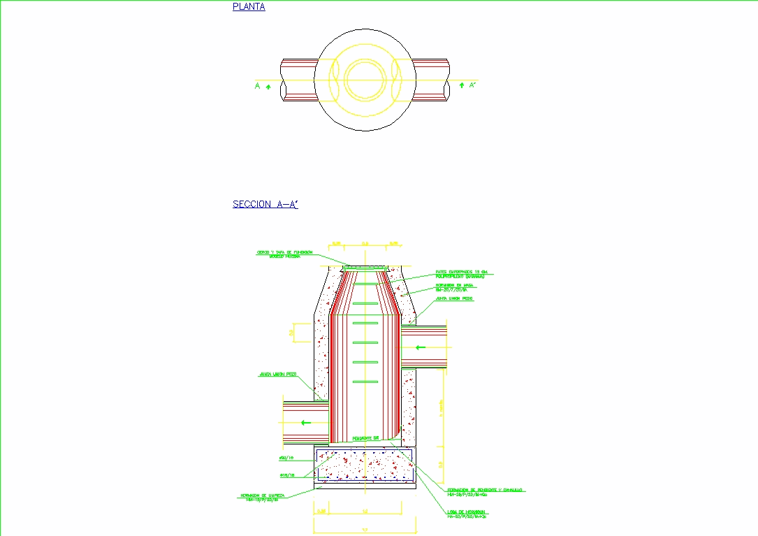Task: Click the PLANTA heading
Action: [249, 8]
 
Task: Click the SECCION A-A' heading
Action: [265, 205]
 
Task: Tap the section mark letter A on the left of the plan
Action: [257, 86]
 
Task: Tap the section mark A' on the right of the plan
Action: [473, 85]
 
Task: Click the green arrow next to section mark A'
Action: [461, 85]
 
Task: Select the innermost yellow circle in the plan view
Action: [365, 79]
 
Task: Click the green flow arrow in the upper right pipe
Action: [421, 347]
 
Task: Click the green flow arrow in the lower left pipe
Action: [303, 422]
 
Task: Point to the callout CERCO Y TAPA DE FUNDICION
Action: [284, 254]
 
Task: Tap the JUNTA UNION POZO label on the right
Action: [454, 298]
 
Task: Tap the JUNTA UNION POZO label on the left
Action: [277, 375]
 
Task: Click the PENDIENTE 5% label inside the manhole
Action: [365, 438]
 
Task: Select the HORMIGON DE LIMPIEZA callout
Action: [260, 498]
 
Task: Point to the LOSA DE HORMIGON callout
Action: [467, 514]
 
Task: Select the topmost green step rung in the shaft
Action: [365, 284]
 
